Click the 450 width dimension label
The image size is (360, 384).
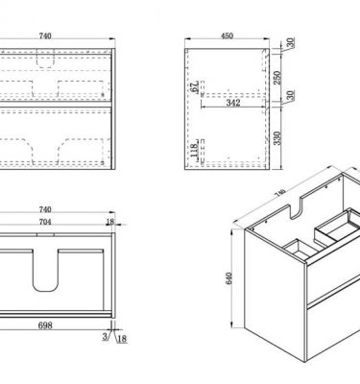tap(227, 36)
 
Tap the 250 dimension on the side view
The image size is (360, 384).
tap(277, 78)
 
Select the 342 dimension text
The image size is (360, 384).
tap(233, 103)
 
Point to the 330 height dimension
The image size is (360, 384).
tap(277, 138)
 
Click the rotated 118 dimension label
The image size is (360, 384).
tap(194, 151)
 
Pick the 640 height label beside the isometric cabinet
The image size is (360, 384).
tap(228, 278)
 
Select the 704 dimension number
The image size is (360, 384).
tap(45, 222)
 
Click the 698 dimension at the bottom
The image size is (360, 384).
tap(45, 325)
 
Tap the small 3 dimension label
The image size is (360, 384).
tap(106, 337)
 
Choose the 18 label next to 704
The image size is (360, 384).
tap(110, 222)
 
